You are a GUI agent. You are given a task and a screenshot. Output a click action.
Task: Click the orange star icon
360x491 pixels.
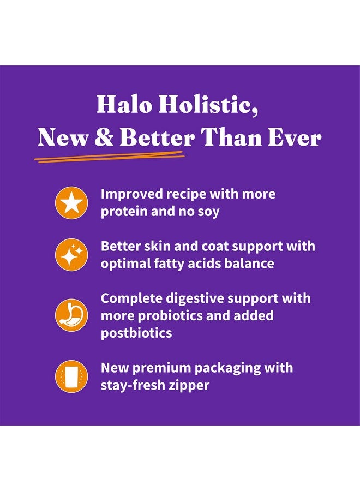[x=71, y=203]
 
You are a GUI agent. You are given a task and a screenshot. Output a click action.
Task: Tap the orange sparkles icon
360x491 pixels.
[x=71, y=255]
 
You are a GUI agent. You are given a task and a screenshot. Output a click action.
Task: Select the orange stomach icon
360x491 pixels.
[x=71, y=315]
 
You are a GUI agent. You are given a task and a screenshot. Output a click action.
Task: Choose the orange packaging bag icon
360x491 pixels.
[x=71, y=376]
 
